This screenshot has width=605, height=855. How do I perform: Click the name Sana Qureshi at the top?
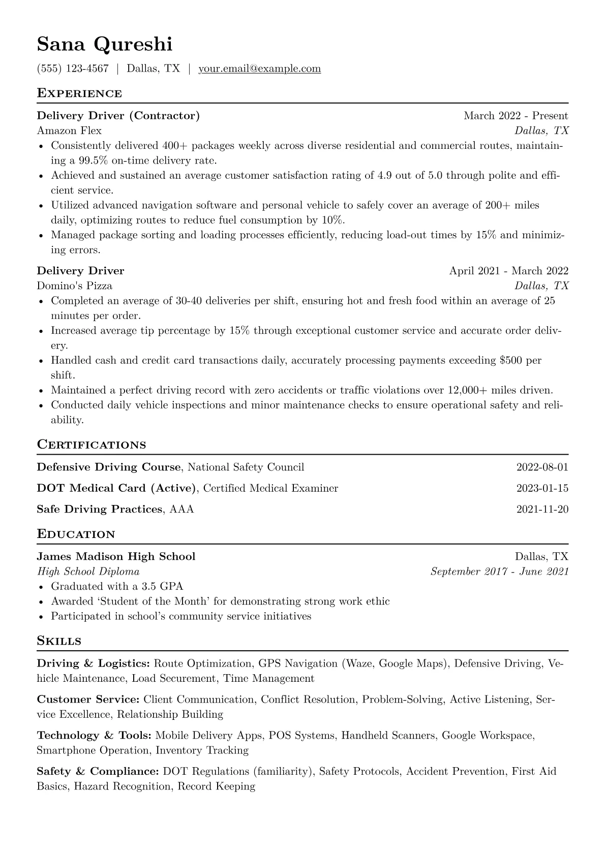(104, 45)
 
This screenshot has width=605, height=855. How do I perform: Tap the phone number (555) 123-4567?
(73, 69)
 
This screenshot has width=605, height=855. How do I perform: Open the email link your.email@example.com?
(259, 69)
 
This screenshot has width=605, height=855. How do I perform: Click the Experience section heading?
(79, 93)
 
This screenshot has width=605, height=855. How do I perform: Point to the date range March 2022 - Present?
(516, 116)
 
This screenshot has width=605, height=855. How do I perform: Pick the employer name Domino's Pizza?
(75, 286)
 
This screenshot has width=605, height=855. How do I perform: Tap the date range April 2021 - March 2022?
(508, 271)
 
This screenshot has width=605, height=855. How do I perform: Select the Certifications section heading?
(92, 445)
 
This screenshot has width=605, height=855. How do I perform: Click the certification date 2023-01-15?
(542, 489)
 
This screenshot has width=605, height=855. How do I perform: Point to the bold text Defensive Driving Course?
(109, 467)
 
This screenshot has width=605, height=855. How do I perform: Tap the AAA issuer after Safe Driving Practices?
(181, 510)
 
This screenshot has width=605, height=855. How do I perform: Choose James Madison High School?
(116, 557)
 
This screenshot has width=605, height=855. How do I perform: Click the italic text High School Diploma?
(88, 572)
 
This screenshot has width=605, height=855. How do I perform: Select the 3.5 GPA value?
(162, 587)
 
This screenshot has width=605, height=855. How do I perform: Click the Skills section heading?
(59, 641)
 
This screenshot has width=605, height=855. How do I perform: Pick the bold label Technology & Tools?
(94, 736)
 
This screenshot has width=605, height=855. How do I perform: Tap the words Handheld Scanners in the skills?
(388, 736)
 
